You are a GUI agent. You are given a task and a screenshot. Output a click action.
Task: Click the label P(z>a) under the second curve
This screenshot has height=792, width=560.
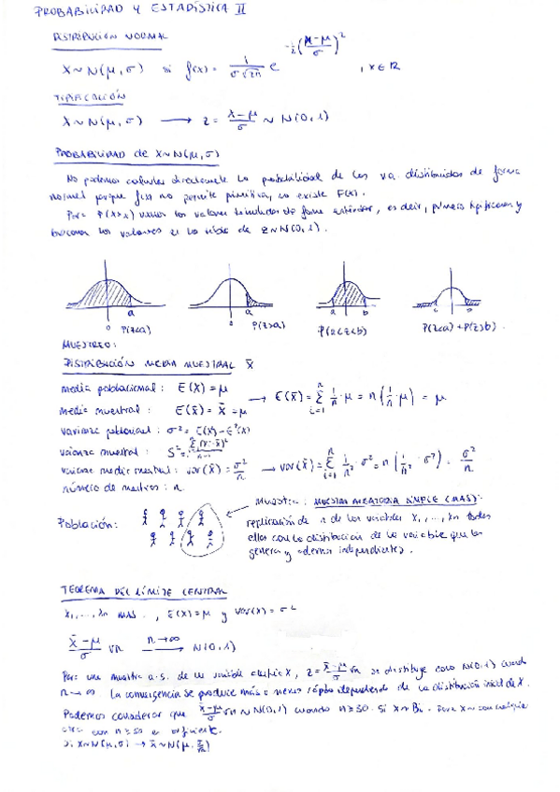(x=269, y=325)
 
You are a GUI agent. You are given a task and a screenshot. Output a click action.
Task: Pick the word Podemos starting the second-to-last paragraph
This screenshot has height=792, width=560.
(x=80, y=713)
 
